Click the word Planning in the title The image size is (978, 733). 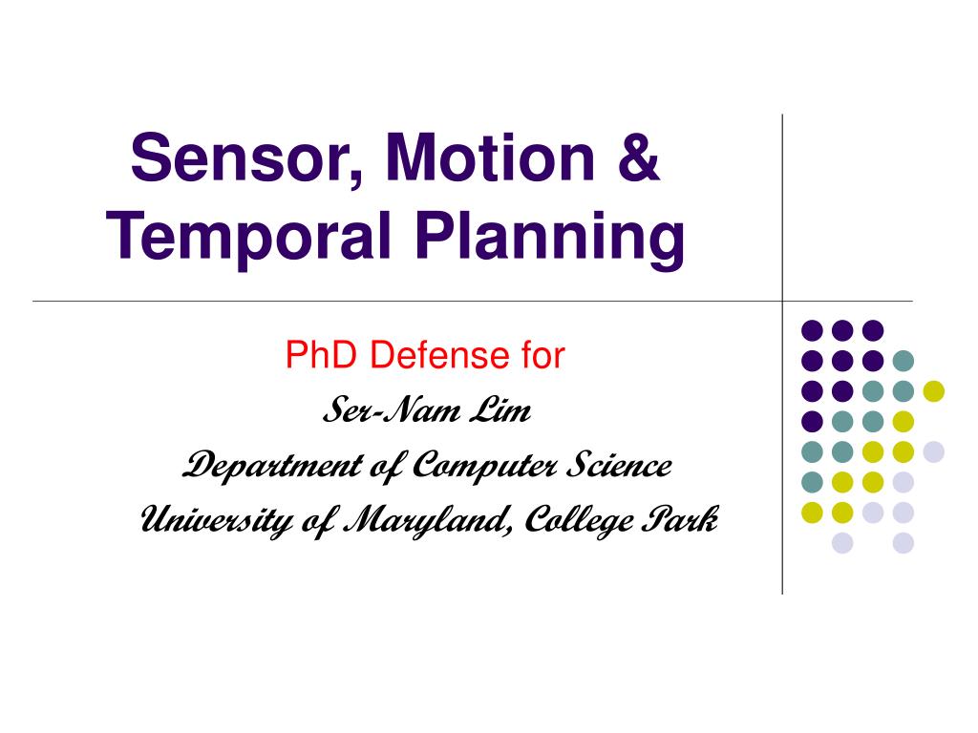tap(550, 236)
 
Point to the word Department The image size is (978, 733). tap(272, 466)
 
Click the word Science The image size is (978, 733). tap(619, 465)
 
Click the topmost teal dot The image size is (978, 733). tap(904, 361)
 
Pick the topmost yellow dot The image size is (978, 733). tap(934, 391)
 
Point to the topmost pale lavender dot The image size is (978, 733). tap(934, 451)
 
